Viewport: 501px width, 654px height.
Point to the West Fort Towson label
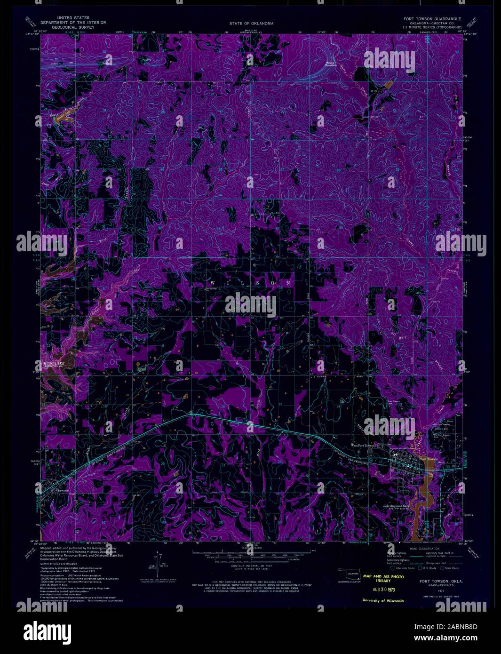pyautogui.click(x=362, y=445)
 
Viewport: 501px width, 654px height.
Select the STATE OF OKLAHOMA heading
pyautogui.click(x=251, y=23)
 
